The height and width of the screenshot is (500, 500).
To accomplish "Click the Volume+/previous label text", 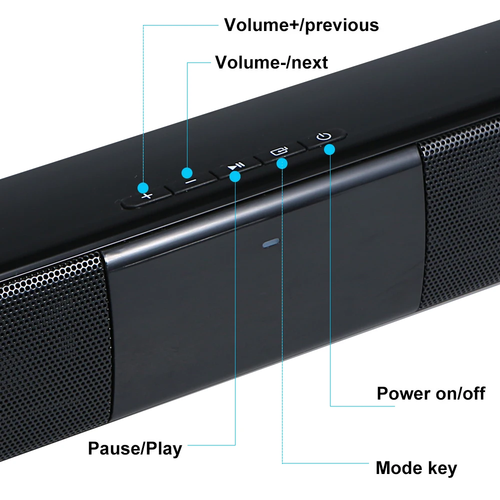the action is tap(301, 24).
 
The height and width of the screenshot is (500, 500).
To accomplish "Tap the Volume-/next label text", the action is tap(271, 62).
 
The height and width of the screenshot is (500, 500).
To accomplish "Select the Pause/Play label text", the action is tap(135, 448).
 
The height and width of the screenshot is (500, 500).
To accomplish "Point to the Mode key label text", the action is tap(416, 468).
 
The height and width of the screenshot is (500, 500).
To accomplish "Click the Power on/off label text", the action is tap(430, 393).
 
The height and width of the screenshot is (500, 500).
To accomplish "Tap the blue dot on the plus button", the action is tap(144, 188).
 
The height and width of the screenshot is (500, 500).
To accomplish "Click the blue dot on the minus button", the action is tap(187, 172).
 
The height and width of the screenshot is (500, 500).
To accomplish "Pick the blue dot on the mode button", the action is tap(282, 162).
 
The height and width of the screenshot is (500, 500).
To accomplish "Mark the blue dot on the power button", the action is tap(329, 149).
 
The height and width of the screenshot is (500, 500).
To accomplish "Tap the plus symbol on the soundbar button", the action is tap(146, 196).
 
